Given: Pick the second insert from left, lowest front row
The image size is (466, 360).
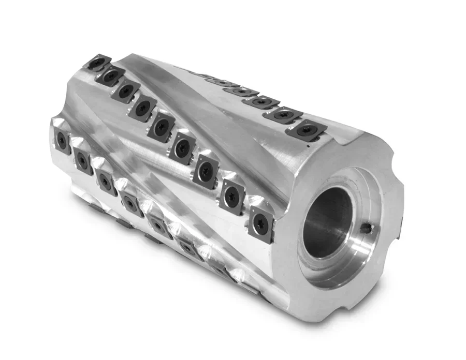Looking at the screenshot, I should point(83,161).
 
